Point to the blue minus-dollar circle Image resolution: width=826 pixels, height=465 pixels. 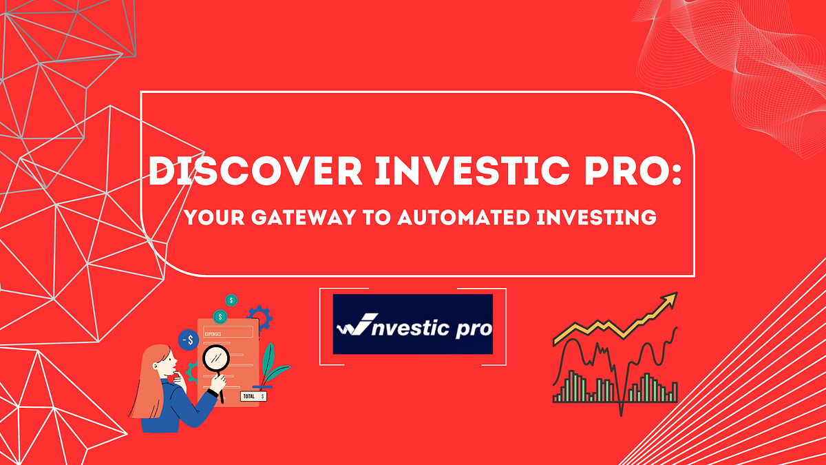point(188,340)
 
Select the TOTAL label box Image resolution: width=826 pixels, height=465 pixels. point(253,396)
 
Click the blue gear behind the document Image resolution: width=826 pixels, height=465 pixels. point(260,318)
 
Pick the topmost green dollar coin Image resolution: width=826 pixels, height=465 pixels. point(232,300)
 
